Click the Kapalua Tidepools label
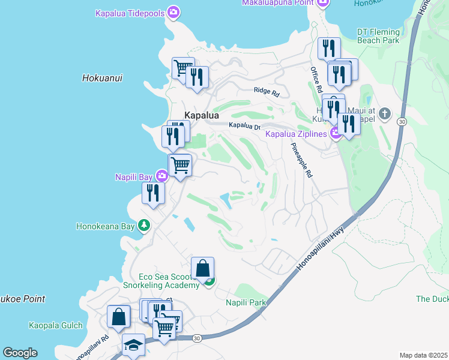pyautogui.click(x=130, y=13)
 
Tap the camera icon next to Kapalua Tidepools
pyautogui.click(x=173, y=12)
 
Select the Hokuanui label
pyautogui.click(x=98, y=77)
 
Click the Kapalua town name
pyautogui.click(x=202, y=115)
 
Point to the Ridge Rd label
pyautogui.click(x=267, y=92)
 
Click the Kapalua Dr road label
pyautogui.click(x=244, y=125)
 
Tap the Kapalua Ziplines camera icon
pyautogui.click(x=336, y=133)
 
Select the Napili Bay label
pyautogui.click(x=133, y=176)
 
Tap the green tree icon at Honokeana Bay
pyautogui.click(x=144, y=226)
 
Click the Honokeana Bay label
pyautogui.click(x=106, y=226)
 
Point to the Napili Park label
pyautogui.click(x=246, y=302)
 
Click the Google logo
pyautogui.click(x=20, y=353)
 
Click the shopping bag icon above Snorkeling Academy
pyautogui.click(x=203, y=268)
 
